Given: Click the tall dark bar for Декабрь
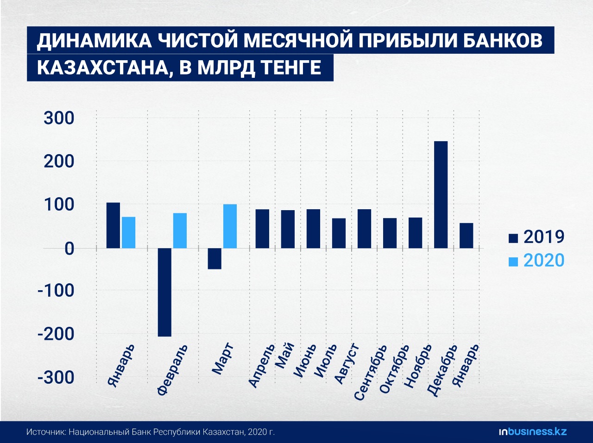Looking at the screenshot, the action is [441, 194].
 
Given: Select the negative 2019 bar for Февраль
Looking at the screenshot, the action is [164, 292].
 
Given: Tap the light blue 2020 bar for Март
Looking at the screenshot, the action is [230, 226].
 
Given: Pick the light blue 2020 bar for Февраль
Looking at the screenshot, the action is [180, 231].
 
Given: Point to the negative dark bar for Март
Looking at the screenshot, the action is [214, 259].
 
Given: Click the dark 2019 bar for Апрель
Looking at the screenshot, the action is [262, 229].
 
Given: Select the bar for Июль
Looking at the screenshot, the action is [339, 233].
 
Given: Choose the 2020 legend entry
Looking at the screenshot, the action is [536, 261].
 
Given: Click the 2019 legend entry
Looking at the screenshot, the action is [536, 237].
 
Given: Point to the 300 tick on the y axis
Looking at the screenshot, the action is [59, 118].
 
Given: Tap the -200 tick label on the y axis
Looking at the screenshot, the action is [56, 334].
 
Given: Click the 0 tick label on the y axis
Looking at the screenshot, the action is [69, 249].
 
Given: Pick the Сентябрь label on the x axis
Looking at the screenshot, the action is [369, 372].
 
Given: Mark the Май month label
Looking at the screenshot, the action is [285, 355].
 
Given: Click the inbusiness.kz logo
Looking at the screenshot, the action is [532, 432].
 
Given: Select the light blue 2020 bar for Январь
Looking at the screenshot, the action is [129, 232].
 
